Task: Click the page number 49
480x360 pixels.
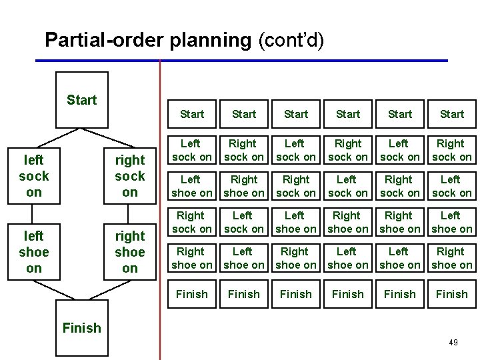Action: [x=453, y=342]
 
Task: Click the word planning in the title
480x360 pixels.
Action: [x=210, y=41]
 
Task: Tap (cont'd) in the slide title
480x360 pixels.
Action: [x=291, y=41]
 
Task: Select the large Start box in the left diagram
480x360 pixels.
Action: [x=81, y=100]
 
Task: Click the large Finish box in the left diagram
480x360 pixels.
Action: [x=81, y=327]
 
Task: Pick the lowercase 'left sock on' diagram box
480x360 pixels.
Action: [x=34, y=176]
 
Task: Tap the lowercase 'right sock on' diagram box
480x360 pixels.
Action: [x=129, y=176]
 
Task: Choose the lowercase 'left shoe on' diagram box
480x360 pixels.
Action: [x=34, y=252]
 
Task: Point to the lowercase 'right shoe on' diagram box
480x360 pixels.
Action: [x=129, y=252]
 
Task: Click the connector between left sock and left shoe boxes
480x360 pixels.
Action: [x=34, y=214]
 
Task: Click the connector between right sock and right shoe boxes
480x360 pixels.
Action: [x=129, y=214]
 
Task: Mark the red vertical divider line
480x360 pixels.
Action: [x=160, y=200]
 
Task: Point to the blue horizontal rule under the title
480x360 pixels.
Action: [x=240, y=61]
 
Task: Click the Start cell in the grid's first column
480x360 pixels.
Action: [x=192, y=114]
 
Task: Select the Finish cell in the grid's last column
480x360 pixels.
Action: [x=452, y=294]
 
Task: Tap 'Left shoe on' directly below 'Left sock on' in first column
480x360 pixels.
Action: [x=192, y=186]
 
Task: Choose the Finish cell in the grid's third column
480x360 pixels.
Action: [x=296, y=294]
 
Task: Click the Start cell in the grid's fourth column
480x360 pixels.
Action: [x=348, y=114]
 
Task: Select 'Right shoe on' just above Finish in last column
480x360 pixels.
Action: [x=452, y=258]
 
